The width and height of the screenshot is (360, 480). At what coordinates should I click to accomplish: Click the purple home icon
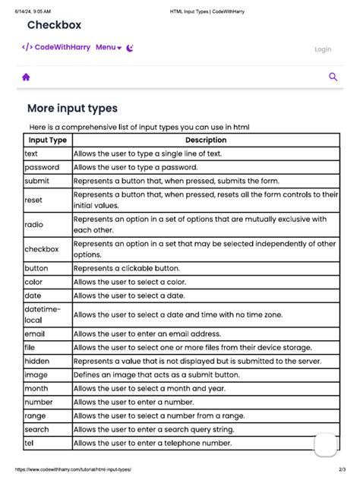point(26,77)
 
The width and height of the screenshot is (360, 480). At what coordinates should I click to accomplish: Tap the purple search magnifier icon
point(333,77)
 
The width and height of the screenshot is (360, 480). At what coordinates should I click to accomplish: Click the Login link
point(323,49)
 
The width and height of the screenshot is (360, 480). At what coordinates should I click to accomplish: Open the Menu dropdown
point(108,47)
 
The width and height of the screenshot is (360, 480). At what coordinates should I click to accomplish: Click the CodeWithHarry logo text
point(56,47)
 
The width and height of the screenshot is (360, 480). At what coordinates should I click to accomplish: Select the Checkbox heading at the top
point(54,25)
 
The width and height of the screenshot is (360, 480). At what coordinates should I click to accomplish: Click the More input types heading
point(72,109)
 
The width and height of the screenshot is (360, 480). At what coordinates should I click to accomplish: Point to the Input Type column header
point(47,140)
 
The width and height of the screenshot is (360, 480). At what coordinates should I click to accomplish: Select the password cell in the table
point(42,167)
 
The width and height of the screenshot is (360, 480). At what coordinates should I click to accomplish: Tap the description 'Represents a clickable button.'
point(127,268)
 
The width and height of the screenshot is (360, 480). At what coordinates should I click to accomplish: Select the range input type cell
point(36,415)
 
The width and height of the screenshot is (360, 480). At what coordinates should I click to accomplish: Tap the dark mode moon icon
point(130,47)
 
